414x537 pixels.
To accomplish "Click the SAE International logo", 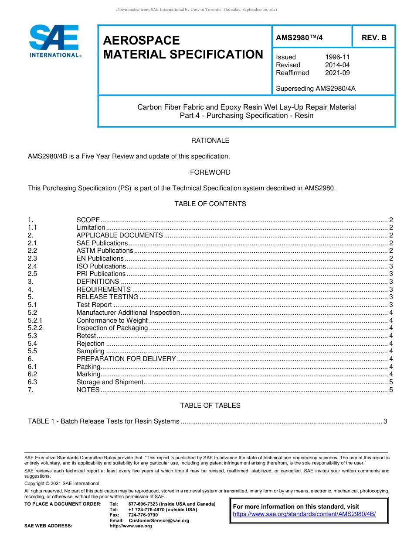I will [54, 41].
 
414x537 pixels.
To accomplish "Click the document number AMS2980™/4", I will [299, 38].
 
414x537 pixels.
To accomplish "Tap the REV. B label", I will [374, 38].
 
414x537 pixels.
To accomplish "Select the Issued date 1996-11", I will [337, 57].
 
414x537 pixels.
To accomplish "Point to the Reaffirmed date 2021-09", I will [337, 73].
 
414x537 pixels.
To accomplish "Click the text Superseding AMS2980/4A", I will [316, 89].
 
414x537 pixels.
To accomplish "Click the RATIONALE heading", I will [210, 141].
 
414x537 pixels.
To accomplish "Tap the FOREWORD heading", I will [210, 172].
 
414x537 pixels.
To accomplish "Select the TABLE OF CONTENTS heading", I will [210, 204].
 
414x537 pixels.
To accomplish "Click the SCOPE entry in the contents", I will [88, 220].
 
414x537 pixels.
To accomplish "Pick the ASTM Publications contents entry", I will [105, 251].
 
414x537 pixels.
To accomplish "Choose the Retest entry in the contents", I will [86, 336].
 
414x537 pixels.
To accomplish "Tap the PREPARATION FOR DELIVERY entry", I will [126, 359].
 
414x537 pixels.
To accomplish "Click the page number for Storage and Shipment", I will [391, 382].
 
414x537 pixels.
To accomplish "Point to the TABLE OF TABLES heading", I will [210, 406].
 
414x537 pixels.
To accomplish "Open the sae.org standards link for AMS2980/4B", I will [304, 514].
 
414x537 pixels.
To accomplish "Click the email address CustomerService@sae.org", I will [159, 520].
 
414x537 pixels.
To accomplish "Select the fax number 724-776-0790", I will [143, 515].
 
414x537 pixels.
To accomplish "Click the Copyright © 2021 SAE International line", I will [62, 483].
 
